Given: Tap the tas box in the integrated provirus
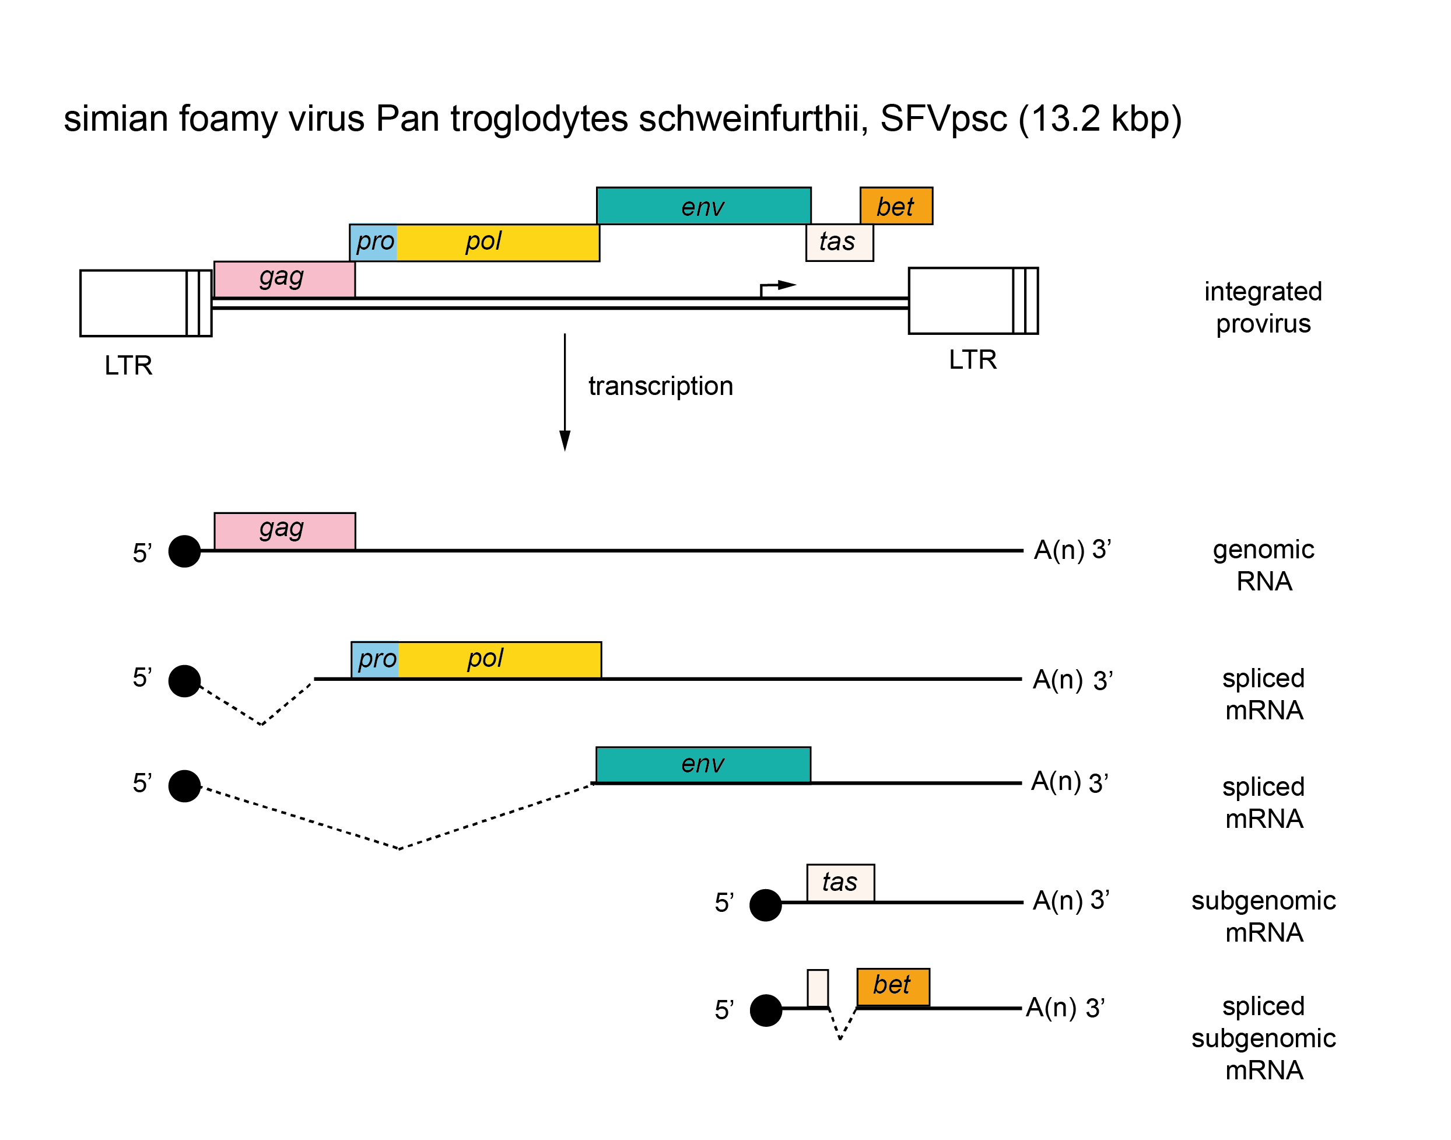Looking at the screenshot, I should pos(839,242).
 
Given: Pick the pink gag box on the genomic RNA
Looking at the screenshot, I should pos(284,531).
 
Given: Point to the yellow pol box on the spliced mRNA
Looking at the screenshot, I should pos(499,659).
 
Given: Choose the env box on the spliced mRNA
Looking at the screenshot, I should pos(703,764).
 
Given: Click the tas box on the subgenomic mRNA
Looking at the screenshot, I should pos(840,882).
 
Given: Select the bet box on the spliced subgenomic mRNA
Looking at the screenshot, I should pos(893,987).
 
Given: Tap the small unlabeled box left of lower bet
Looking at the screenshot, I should pos(817,988).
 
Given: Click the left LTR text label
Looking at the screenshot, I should pos(128,366).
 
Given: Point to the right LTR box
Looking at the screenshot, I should pos(973,300).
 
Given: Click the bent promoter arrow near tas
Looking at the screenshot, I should pos(777,287).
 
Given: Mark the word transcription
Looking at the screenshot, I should pos(660,386).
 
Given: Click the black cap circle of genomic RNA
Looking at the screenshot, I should pos(184,551).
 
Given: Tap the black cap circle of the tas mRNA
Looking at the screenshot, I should pos(765,905).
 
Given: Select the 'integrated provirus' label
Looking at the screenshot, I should pos(1262,307).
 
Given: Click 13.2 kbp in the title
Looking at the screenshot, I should pos(1099,120).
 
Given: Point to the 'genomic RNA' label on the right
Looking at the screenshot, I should pos(1263,565).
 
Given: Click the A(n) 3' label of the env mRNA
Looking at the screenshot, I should pos(1069,782).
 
